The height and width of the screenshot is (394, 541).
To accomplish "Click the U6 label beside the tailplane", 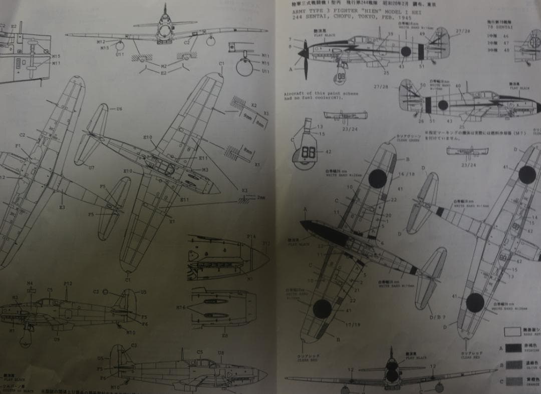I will coord(119,109).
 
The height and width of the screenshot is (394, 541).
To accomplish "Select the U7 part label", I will coord(91,167).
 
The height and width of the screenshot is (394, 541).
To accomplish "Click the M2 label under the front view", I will coord(164,65).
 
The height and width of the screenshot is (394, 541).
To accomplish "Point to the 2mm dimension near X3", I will coord(260,198).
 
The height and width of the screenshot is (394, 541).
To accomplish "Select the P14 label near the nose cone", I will coord(251,236).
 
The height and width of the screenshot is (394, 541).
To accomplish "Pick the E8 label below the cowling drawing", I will coord(224,336).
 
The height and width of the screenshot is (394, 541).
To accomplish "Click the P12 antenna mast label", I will coord(68,284).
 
